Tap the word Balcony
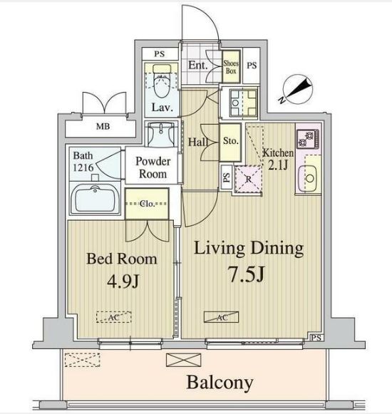220,383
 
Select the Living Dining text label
249,249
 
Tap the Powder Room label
153,167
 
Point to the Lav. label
160,108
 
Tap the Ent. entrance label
197,65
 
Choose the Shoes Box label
232,66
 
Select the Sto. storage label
229,140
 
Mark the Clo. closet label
148,204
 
